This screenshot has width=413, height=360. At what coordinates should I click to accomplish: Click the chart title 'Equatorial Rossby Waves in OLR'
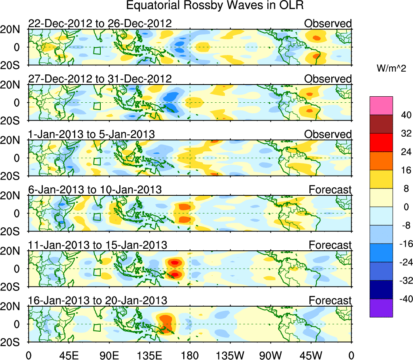click(215, 6)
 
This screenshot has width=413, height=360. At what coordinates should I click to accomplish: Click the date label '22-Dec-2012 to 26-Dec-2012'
click(100, 24)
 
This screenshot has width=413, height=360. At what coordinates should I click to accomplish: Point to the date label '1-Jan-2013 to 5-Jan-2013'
click(91, 134)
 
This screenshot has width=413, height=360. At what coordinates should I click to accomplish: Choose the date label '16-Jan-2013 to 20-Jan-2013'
click(97, 301)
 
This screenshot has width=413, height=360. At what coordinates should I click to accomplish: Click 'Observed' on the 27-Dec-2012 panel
click(328, 79)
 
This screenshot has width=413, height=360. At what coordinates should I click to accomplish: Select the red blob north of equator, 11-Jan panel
click(174, 262)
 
